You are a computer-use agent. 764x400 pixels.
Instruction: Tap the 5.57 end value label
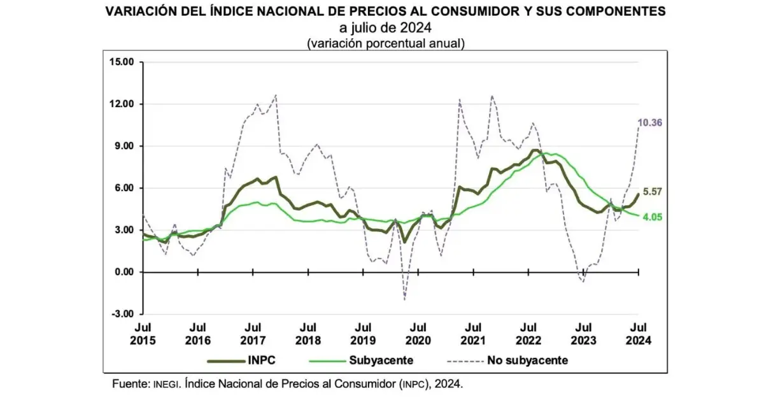click(x=654, y=191)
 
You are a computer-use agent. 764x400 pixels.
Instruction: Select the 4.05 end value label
click(x=654, y=217)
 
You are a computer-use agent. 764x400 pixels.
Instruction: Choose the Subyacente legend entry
click(x=381, y=361)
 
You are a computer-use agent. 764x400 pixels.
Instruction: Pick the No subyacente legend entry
click(x=528, y=361)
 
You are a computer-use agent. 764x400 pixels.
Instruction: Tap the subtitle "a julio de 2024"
click(x=385, y=28)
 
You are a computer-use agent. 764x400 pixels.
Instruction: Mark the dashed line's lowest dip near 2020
click(x=405, y=299)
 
